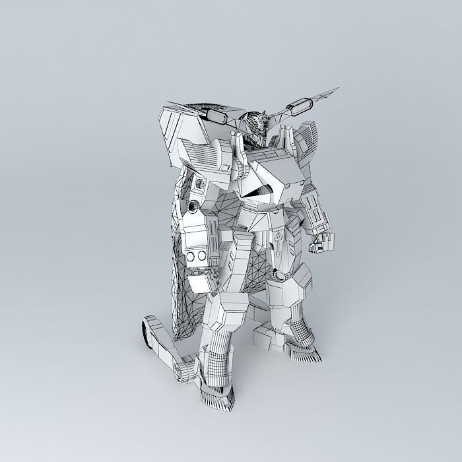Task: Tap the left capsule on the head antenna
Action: (218, 116)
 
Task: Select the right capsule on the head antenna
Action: (302, 104)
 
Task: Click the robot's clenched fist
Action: (317, 242)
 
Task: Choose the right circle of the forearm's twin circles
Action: (200, 256)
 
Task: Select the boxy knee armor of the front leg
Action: (227, 311)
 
